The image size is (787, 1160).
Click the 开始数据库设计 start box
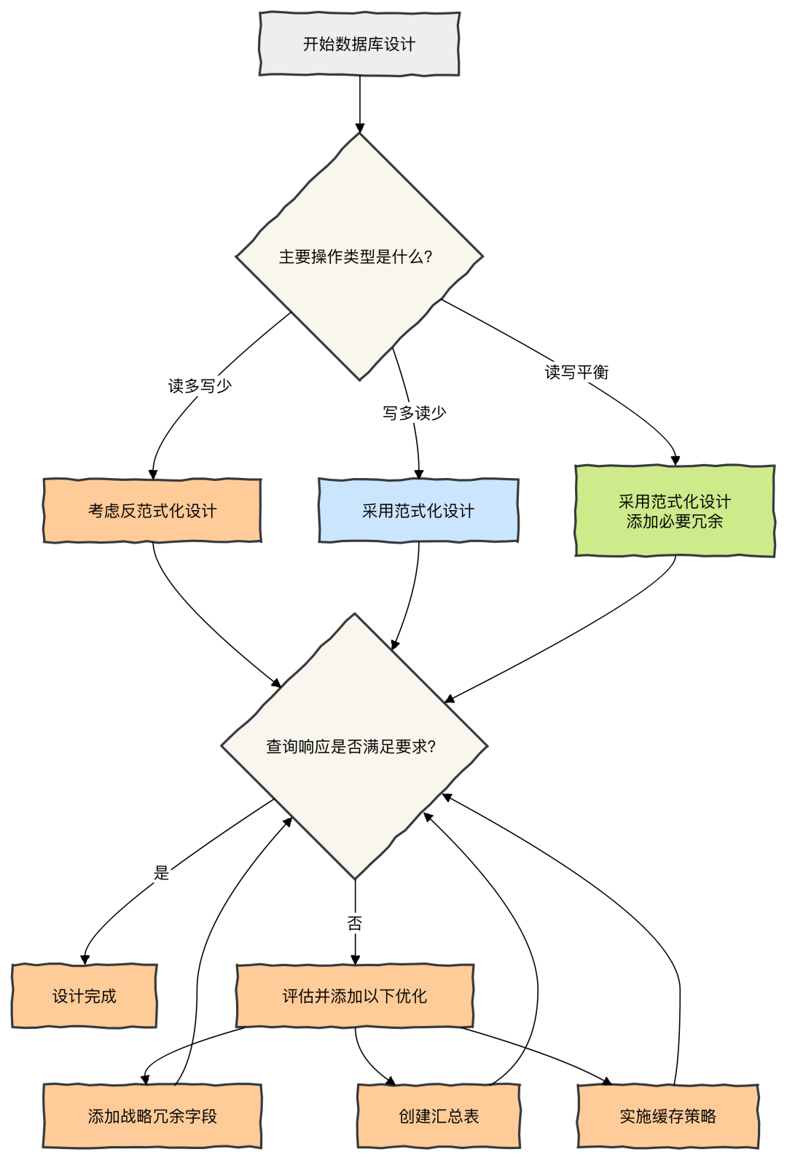point(359,44)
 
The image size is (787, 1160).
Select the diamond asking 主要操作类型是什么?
point(359,256)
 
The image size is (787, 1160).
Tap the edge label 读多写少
point(200,385)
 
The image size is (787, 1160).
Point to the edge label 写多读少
point(415,413)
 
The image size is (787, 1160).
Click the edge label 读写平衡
point(576,372)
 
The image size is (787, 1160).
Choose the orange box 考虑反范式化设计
point(152,511)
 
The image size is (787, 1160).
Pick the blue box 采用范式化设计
point(418,511)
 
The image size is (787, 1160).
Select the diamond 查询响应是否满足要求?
point(354,746)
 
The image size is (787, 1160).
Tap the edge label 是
point(161,872)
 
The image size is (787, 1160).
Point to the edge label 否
point(355,923)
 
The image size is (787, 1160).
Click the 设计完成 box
point(85,996)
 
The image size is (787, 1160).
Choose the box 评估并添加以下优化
point(355,996)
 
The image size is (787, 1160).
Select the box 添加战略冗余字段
point(152,1116)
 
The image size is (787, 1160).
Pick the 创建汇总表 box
point(439,1116)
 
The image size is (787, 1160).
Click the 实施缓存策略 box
point(668,1116)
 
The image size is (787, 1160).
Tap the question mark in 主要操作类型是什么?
point(428,256)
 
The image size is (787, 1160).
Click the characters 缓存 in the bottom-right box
point(668,1116)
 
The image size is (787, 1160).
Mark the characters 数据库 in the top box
point(359,44)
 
